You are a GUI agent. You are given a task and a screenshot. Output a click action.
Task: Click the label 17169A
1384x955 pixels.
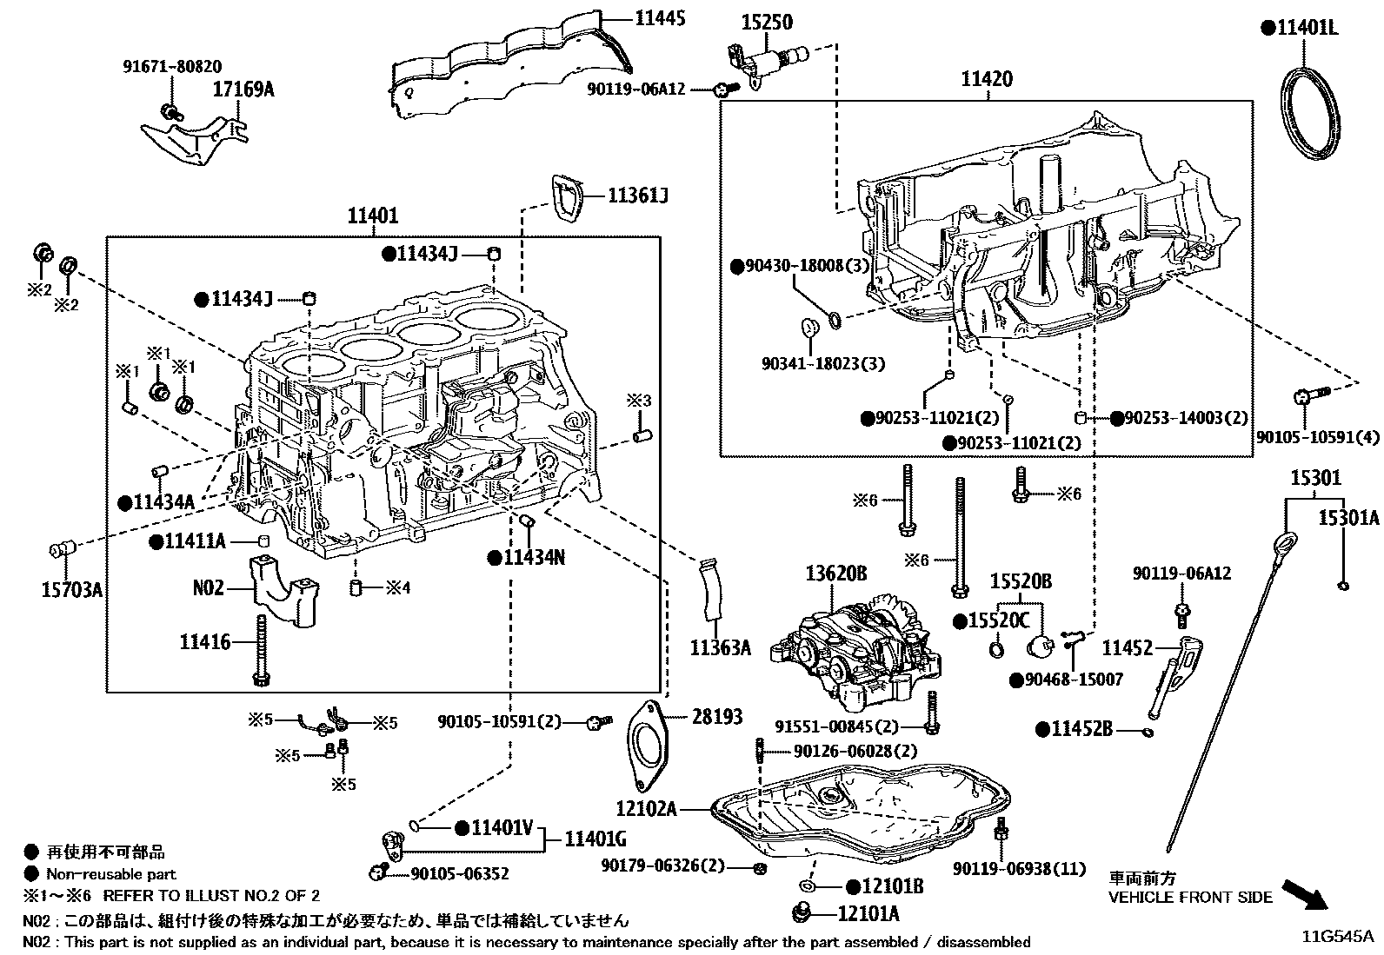pos(243,89)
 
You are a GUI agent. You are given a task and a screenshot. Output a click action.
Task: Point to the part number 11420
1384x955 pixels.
pos(986,80)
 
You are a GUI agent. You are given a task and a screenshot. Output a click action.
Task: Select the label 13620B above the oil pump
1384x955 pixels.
pos(835,574)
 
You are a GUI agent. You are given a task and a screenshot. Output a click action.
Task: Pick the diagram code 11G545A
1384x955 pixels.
pos(1338,936)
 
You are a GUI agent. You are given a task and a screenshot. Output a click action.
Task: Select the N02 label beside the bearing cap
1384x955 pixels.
pos(208,588)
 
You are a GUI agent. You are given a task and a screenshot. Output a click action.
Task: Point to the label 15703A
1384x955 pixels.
pos(71,591)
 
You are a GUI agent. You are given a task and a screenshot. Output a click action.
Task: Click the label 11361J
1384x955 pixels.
pos(637,196)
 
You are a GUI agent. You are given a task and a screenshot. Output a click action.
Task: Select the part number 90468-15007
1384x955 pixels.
pos(1067,679)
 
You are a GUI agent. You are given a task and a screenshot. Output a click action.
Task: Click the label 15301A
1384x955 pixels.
pos(1348,519)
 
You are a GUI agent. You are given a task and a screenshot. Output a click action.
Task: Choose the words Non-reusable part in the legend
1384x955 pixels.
pos(111,874)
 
